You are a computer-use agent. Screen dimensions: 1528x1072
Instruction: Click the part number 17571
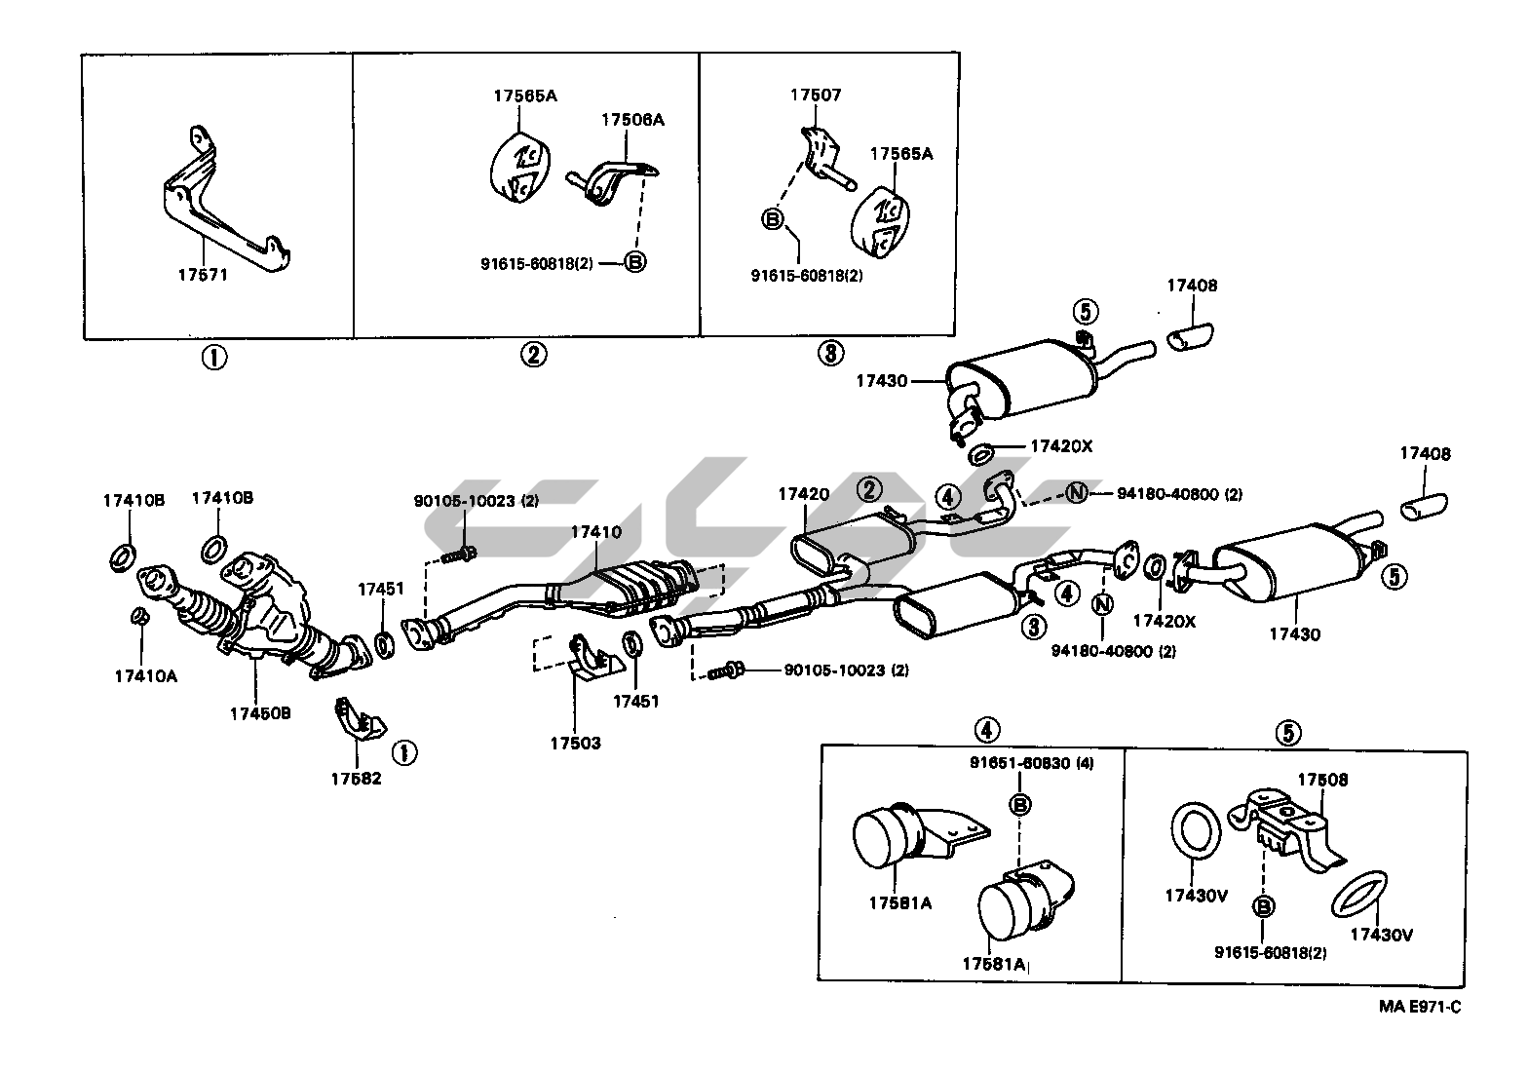203,274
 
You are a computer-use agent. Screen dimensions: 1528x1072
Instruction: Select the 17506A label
632,120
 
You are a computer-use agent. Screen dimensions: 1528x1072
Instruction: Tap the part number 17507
816,95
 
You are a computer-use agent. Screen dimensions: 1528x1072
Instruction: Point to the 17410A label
146,675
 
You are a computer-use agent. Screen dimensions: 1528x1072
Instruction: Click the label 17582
356,779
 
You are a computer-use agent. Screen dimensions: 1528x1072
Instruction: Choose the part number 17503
576,744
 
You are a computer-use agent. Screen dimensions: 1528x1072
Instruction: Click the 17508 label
1322,780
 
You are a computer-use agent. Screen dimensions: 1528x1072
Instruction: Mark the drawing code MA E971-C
1420,1007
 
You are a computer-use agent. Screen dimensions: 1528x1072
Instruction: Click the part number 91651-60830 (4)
1031,763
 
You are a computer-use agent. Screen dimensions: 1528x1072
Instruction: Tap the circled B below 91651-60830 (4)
1019,805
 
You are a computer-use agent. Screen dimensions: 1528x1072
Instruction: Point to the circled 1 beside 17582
404,752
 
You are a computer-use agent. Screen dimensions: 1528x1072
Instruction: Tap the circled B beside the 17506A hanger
635,261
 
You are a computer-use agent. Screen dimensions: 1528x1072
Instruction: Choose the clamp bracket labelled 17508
1282,829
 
